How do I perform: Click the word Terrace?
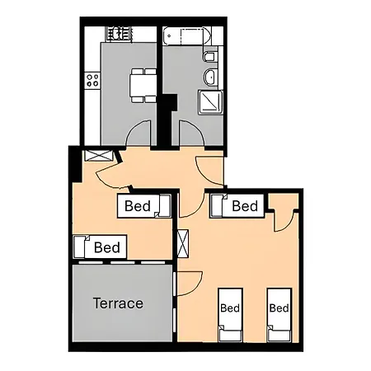click(x=118, y=303)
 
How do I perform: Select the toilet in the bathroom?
click(x=209, y=58)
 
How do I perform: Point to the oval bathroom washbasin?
click(x=209, y=78)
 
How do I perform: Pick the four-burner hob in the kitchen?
click(x=92, y=81)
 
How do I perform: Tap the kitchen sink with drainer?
click(x=118, y=33)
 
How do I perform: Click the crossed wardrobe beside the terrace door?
click(x=182, y=247)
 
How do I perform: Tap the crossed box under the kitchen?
click(x=96, y=154)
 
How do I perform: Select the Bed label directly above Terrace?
click(x=106, y=247)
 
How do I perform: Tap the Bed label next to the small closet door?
click(x=245, y=206)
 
